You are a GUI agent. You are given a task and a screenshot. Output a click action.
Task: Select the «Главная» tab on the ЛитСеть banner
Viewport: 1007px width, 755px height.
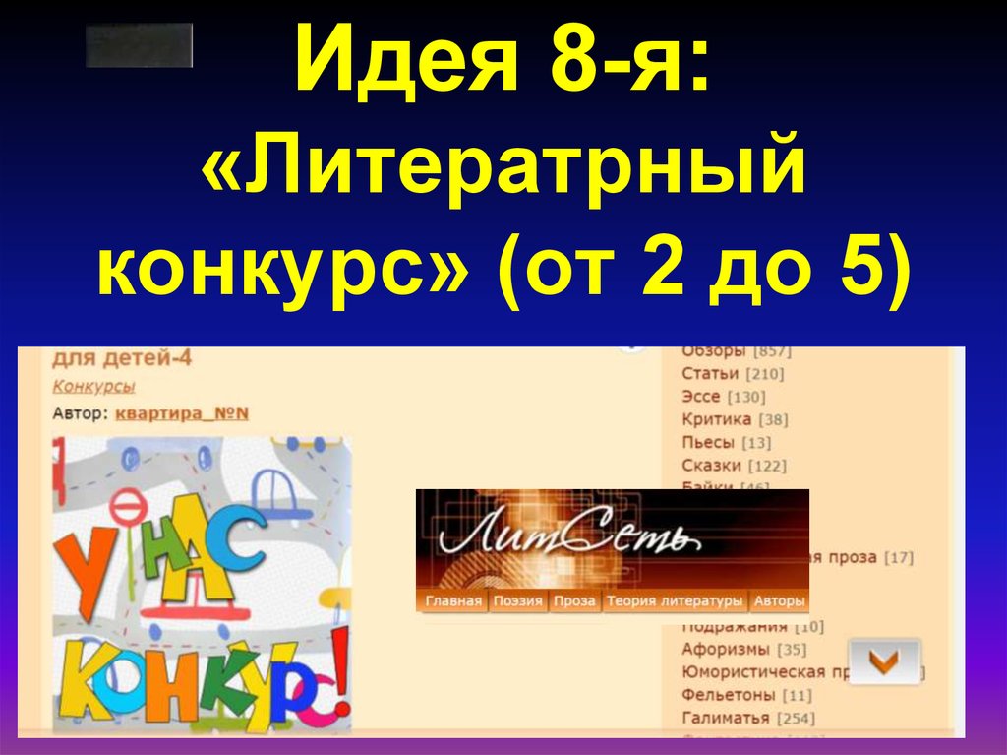coord(453,601)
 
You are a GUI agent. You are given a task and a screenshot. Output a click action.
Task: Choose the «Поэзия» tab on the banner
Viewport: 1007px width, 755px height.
coord(518,601)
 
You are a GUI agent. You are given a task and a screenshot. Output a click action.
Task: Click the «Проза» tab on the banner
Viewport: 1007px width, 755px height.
coord(574,601)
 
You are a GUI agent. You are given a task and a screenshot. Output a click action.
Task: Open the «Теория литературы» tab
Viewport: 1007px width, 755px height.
coord(675,601)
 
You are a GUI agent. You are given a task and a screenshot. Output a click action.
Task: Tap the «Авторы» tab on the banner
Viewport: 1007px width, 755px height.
coord(780,601)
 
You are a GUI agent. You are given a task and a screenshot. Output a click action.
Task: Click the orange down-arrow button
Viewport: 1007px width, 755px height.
coord(884,661)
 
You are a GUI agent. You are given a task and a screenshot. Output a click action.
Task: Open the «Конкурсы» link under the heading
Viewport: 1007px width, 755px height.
coord(93,387)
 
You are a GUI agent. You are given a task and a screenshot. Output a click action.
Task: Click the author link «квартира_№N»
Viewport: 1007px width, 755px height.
coord(182,413)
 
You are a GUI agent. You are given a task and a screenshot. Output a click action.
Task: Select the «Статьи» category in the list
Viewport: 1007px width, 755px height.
coord(710,374)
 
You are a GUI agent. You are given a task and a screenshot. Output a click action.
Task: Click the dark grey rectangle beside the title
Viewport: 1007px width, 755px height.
coord(139,45)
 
